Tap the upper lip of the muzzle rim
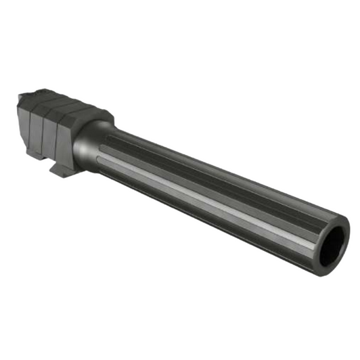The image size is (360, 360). tap(332, 221)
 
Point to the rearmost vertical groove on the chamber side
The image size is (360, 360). tap(30, 132)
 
